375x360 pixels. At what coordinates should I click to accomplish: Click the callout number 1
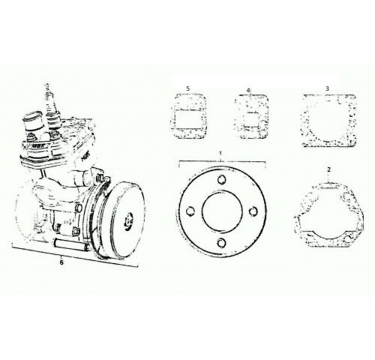(220, 153)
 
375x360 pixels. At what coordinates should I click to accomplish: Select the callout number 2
(329, 169)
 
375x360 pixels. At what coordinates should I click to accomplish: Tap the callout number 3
(327, 88)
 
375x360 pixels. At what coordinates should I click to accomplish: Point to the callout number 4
(248, 90)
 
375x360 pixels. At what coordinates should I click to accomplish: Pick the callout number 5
(188, 88)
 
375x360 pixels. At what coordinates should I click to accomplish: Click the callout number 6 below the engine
(61, 262)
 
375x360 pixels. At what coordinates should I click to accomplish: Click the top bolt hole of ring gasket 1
(221, 179)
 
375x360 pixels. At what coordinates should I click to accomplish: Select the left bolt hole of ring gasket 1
(190, 211)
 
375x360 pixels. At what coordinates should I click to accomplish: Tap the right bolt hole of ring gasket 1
(253, 211)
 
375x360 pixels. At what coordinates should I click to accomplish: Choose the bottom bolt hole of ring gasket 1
(221, 242)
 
